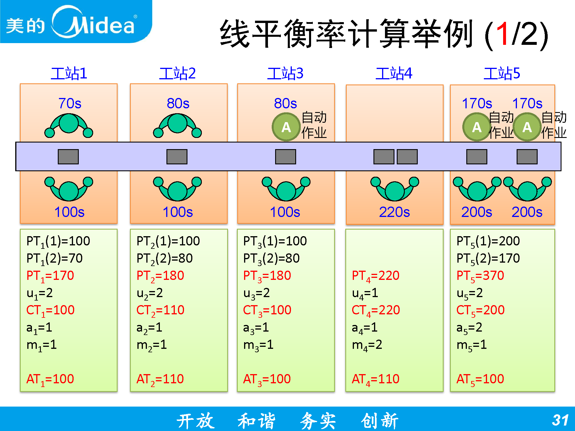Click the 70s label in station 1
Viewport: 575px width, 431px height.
click(70, 103)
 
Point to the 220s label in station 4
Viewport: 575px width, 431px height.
click(394, 212)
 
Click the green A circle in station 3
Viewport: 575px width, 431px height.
click(286, 127)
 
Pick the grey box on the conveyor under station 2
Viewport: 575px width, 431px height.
click(177, 157)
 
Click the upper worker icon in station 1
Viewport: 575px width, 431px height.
click(69, 125)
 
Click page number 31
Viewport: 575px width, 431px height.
click(560, 420)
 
